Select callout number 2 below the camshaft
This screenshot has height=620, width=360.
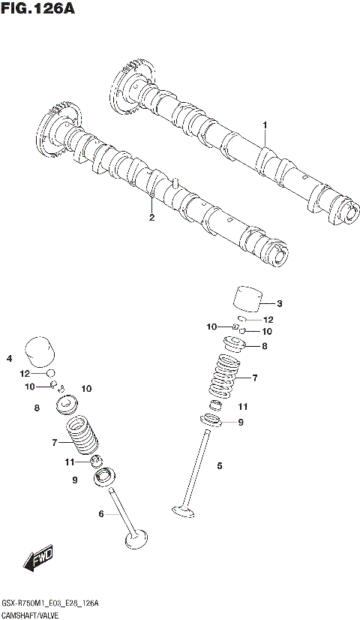pos(151,218)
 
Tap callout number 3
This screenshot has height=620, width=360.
pos(279,304)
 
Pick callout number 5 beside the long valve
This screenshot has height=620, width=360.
pos(220,466)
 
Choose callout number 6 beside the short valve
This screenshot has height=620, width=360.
pos(101,514)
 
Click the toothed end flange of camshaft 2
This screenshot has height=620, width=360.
pos(52,132)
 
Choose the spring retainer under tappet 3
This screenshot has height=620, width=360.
pos(235,345)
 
